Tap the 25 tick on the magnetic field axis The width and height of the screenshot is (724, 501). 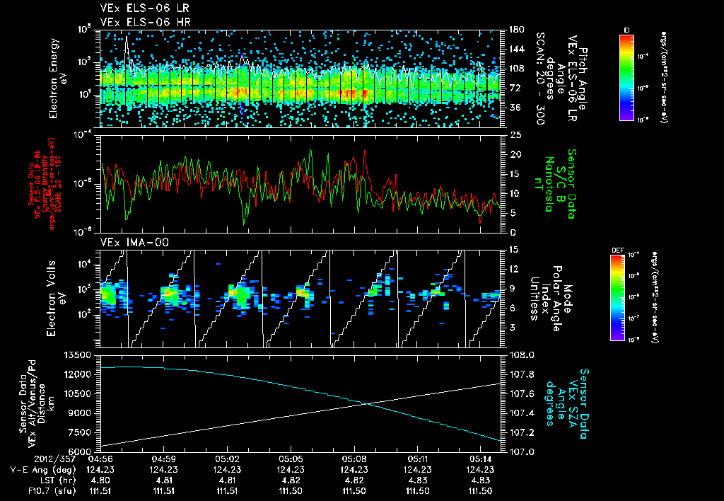515,134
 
